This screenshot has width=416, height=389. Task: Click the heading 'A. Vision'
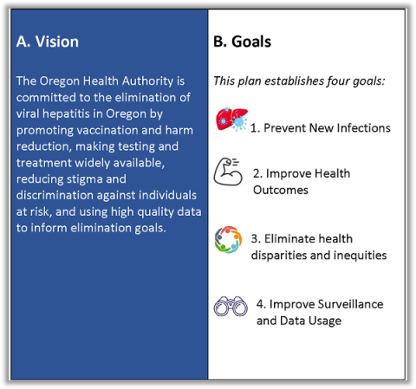pyautogui.click(x=48, y=42)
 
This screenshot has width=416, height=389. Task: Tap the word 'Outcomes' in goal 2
pyautogui.click(x=281, y=190)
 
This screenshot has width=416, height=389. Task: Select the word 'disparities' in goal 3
pyautogui.click(x=281, y=255)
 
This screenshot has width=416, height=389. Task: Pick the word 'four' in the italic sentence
pyautogui.click(x=334, y=81)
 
